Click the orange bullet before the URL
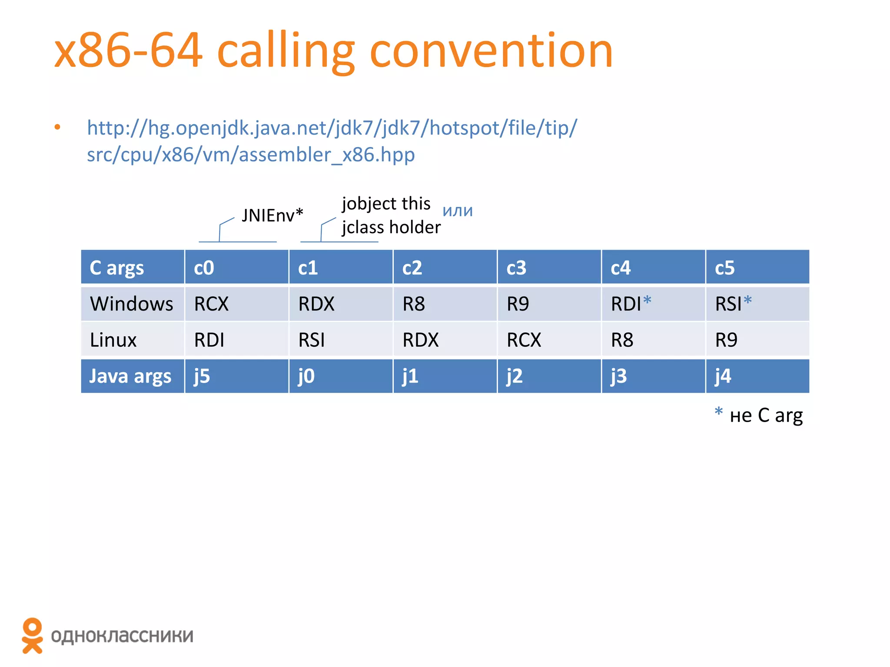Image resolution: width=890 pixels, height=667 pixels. point(57,127)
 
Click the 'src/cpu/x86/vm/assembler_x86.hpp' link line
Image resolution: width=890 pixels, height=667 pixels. point(251,155)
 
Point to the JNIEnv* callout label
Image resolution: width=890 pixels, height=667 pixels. point(272,215)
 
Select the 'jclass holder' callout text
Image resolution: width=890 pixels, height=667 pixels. point(391,227)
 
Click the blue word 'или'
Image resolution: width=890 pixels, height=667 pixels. point(458,211)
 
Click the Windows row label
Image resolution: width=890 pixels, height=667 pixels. point(131,304)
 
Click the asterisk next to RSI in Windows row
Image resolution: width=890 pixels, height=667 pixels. point(747,300)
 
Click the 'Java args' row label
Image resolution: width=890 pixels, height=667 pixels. point(130,376)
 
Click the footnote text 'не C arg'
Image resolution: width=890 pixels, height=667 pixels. point(766,416)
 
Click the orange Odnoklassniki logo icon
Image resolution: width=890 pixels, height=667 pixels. point(33,635)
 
